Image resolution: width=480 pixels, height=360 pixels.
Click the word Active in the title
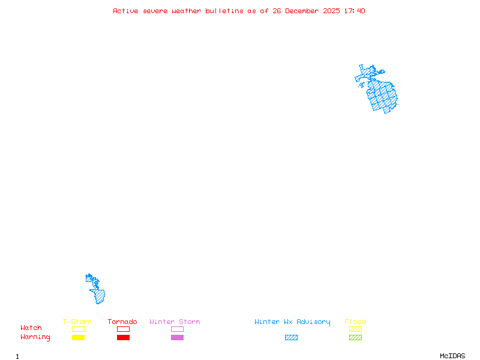coord(125,11)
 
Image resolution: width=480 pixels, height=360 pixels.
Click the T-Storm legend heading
coord(77,322)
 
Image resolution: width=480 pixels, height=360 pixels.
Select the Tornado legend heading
coord(122,322)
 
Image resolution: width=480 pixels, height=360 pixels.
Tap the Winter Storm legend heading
coord(175,322)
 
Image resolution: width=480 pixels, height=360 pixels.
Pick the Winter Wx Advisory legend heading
coord(292,322)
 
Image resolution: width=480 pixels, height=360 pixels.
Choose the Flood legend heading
coord(355,322)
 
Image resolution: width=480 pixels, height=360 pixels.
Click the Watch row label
coord(31,328)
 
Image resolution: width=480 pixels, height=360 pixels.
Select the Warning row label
coord(35,337)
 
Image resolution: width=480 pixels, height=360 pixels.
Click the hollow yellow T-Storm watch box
coord(78,329)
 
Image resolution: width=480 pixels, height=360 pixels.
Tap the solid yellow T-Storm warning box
coord(78,337)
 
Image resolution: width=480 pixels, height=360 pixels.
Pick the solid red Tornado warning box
coord(123,337)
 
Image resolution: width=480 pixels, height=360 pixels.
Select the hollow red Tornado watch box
coord(123,329)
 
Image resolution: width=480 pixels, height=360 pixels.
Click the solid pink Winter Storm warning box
coord(177,337)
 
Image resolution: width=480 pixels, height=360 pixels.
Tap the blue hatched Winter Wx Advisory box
coord(291,337)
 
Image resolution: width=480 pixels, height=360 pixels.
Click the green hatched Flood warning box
coord(355,337)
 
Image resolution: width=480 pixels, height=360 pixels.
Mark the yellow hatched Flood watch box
coord(355,329)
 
